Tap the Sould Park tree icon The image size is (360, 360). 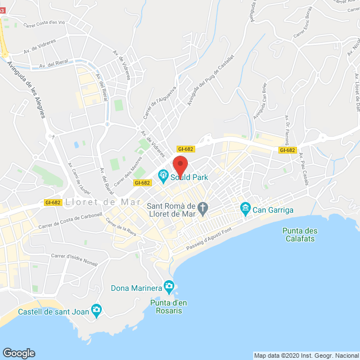[164, 177]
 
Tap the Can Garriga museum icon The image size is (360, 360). [245, 209]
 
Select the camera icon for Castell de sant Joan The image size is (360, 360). [97, 310]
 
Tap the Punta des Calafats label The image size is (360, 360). [300, 235]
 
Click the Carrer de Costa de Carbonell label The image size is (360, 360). [70, 220]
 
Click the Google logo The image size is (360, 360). [19, 353]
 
